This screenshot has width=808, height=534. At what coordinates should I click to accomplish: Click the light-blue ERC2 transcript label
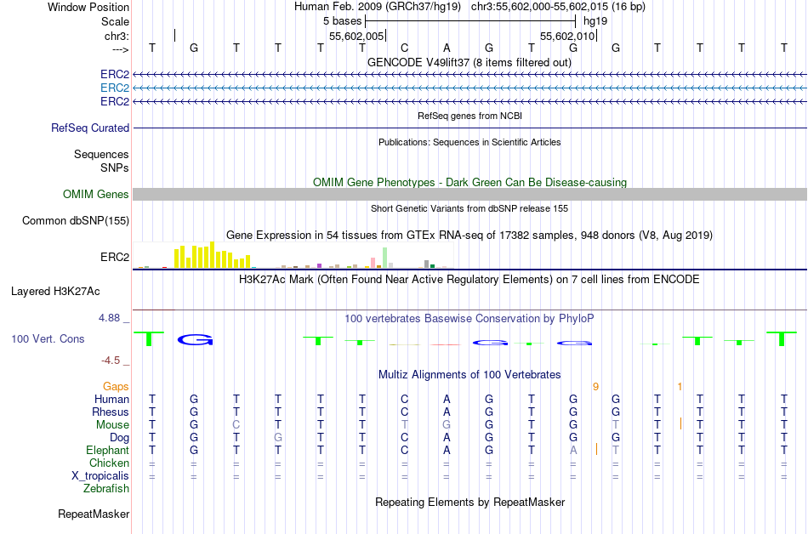point(115,88)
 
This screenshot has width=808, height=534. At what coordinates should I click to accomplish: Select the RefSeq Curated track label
point(90,128)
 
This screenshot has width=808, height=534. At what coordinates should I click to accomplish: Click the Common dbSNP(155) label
point(76,221)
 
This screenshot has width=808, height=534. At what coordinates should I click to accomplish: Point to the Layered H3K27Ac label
point(55,292)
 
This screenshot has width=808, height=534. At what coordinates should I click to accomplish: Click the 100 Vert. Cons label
point(48,339)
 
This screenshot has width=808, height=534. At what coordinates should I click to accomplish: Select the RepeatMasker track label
point(94,514)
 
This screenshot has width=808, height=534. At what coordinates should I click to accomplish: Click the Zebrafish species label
point(106,489)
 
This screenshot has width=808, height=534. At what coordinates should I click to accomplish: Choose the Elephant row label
point(108,451)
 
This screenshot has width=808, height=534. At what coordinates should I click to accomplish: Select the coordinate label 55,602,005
point(356,37)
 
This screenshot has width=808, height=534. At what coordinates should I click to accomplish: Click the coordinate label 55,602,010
point(566,37)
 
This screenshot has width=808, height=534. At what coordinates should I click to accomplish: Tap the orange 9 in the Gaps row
point(595,387)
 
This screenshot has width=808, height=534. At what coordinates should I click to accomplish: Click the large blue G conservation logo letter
point(195,340)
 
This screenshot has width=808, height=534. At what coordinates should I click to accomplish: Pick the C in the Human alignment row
point(405,400)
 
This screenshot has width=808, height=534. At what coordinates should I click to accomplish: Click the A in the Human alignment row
point(447,400)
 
